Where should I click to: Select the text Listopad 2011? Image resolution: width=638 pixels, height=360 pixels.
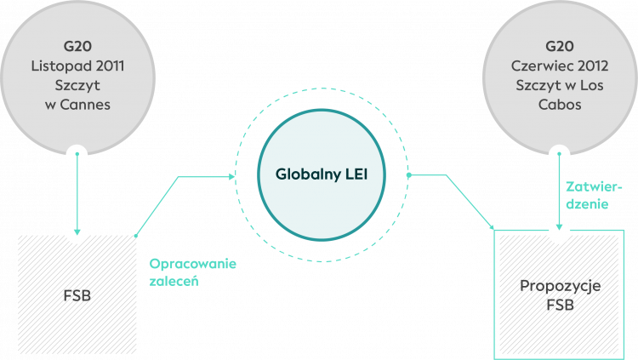point(77,65)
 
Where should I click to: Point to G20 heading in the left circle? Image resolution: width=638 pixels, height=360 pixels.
point(77,46)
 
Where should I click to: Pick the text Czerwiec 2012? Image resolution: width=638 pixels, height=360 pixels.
point(560,65)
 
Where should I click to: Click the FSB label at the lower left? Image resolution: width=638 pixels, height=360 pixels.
point(77,297)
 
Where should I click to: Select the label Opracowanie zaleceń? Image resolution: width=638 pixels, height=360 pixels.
point(193,271)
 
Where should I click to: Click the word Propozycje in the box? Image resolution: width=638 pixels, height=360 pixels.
point(560,286)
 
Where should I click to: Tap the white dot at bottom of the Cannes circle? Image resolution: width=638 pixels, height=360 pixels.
point(77,156)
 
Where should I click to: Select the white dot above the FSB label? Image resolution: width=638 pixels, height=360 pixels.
point(77,231)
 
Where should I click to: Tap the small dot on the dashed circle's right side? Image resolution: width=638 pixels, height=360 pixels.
point(408,175)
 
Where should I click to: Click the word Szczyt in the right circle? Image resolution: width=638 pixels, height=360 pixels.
point(537,84)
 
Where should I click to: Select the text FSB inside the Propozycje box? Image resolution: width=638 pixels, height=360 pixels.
point(560,306)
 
